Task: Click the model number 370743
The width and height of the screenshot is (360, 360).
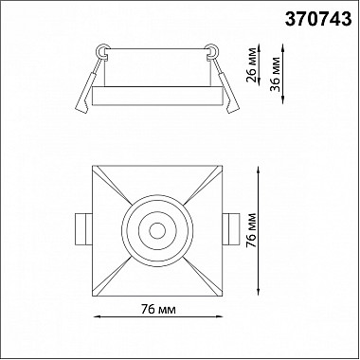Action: pos(318,20)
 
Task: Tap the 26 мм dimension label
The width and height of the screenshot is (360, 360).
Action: pos(252,64)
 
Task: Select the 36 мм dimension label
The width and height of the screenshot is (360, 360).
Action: pos(276,74)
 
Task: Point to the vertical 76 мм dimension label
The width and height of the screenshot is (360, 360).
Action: pos(252,230)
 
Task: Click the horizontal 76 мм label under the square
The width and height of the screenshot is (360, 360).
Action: pos(158,310)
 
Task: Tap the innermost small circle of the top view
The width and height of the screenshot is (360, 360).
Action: pos(157,231)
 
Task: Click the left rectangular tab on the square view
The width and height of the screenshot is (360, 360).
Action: pos(83,229)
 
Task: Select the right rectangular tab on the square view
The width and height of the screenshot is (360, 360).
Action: pos(231,229)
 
